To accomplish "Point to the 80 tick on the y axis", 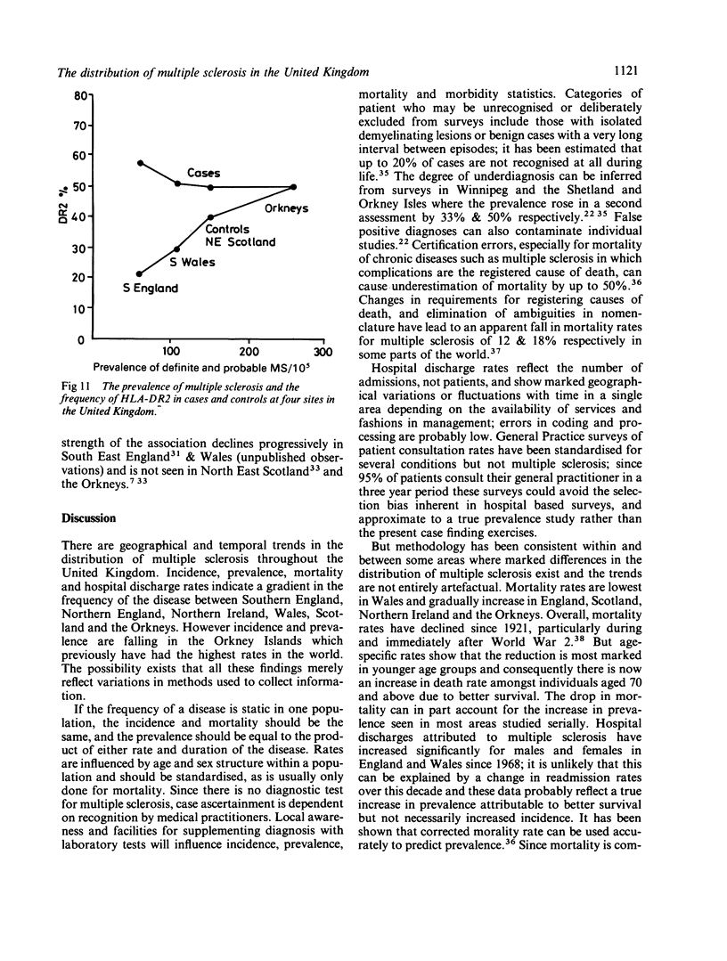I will pos(83,93).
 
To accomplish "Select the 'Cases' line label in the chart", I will pos(205,172).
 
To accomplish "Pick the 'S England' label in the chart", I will pos(151,288).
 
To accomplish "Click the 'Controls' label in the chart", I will pos(229,229).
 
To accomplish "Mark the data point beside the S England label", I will pos(140,273).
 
